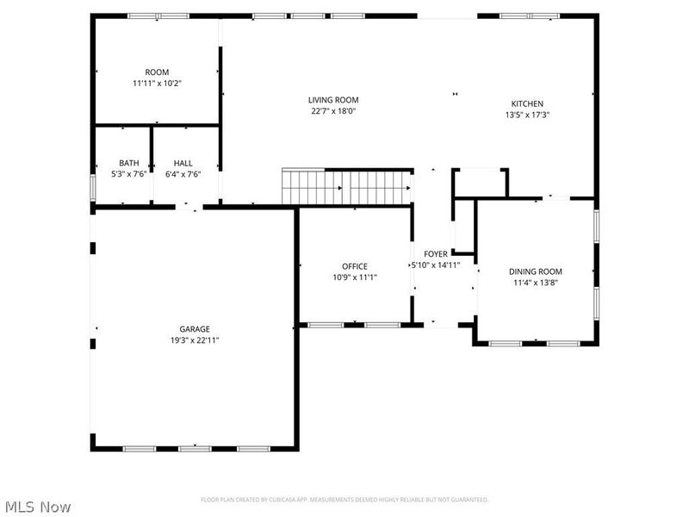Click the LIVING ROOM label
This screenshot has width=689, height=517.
[334, 100]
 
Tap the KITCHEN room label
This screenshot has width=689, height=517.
[527, 103]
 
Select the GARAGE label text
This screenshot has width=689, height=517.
[195, 328]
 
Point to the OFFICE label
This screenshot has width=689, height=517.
[354, 266]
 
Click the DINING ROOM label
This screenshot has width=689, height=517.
[535, 271]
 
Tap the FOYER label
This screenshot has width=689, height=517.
[435, 254]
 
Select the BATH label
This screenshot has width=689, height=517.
[129, 163]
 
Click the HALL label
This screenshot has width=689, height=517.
[183, 163]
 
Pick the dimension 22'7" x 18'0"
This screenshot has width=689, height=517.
[334, 111]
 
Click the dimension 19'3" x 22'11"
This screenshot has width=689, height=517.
[195, 339]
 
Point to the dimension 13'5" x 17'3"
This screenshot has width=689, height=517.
[527, 115]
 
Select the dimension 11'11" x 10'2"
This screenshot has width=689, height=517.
[157, 84]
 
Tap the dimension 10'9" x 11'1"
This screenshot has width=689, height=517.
[354, 277]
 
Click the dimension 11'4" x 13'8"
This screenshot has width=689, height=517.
[535, 283]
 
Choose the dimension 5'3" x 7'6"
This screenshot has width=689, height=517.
[129, 174]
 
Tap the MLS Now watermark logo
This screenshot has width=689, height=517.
[38, 507]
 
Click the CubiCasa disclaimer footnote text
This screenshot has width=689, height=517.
[344, 500]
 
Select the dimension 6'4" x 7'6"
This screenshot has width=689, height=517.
[183, 174]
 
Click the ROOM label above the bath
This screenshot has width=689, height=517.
[157, 72]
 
